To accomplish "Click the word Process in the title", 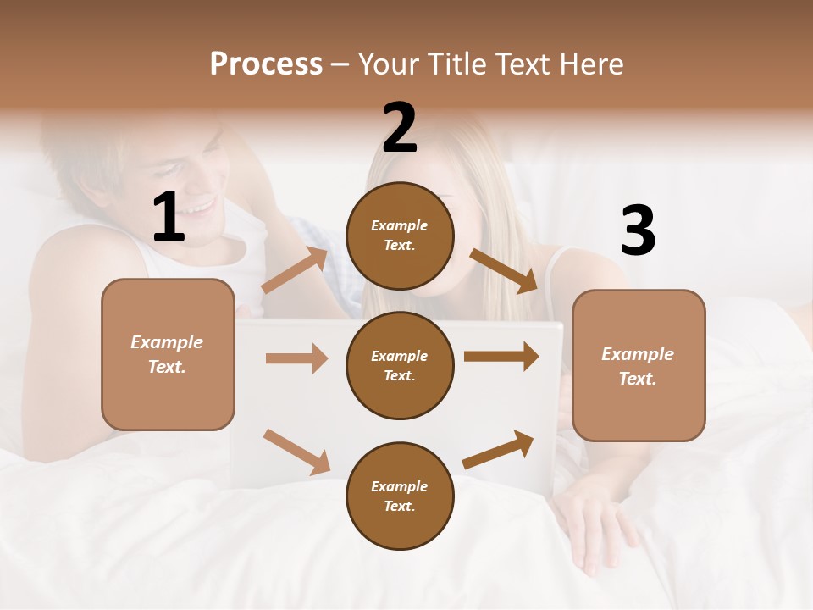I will pyautogui.click(x=266, y=64).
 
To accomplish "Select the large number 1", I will pyautogui.click(x=169, y=218).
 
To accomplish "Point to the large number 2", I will pyautogui.click(x=400, y=128).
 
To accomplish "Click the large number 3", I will pyautogui.click(x=638, y=231).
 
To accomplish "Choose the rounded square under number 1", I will pyautogui.click(x=168, y=354).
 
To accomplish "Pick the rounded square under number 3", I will pyautogui.click(x=639, y=365).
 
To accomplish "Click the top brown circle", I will pyautogui.click(x=400, y=236).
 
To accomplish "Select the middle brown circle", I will pyautogui.click(x=400, y=365).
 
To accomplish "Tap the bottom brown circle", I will pyautogui.click(x=400, y=496).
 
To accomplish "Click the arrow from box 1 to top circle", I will pyautogui.click(x=295, y=270).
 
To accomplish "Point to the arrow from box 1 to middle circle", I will pyautogui.click(x=296, y=358).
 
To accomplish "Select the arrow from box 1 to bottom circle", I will pyautogui.click(x=296, y=452).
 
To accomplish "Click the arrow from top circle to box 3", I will pyautogui.click(x=504, y=270).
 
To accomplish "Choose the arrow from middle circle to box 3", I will pyautogui.click(x=501, y=356).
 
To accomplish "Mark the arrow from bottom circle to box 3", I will pyautogui.click(x=499, y=450).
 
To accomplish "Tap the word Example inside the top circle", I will pyautogui.click(x=400, y=226).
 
